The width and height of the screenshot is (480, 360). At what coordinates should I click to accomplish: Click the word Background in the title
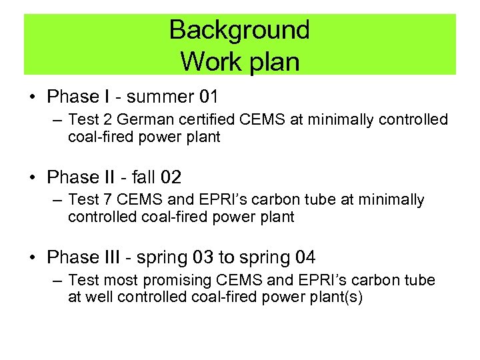pyautogui.click(x=239, y=30)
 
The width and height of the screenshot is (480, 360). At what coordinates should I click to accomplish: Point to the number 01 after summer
pyautogui.click(x=209, y=97)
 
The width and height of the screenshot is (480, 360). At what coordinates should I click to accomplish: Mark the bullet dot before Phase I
pyautogui.click(x=33, y=97)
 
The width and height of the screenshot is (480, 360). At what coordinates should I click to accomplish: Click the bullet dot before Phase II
pyautogui.click(x=33, y=178)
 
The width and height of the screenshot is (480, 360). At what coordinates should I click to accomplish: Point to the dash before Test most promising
pyautogui.click(x=56, y=281)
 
